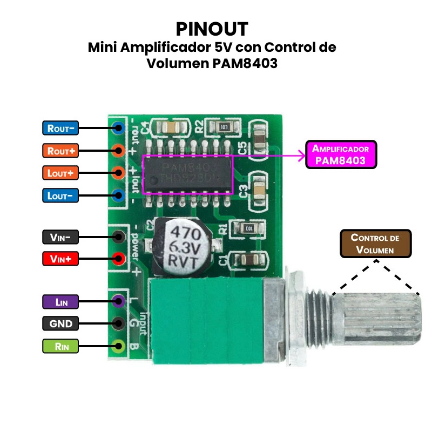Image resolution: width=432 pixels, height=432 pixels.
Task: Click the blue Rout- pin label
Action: pyautogui.click(x=60, y=128)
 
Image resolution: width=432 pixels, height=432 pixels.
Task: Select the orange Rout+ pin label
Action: pyautogui.click(x=60, y=151)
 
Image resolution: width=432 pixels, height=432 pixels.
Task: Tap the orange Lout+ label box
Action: pyautogui.click(x=60, y=173)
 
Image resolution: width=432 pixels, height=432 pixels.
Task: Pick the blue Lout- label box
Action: pyautogui.click(x=60, y=195)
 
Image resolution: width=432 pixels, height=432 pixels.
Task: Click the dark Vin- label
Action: pyautogui.click(x=60, y=237)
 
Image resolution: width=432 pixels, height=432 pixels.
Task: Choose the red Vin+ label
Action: pyautogui.click(x=60, y=259)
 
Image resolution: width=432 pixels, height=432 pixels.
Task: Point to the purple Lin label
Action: pyautogui.click(x=60, y=301)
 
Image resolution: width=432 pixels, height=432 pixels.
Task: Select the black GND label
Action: pyautogui.click(x=60, y=323)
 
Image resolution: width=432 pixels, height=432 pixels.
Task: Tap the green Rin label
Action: pyautogui.click(x=60, y=346)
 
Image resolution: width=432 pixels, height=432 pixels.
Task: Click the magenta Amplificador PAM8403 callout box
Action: pyautogui.click(x=341, y=154)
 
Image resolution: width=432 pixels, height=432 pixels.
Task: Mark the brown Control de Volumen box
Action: pyautogui.click(x=375, y=244)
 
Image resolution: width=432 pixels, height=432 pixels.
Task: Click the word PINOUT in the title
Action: pyautogui.click(x=212, y=29)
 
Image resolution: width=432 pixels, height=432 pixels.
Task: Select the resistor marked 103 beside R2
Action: pyautogui.click(x=225, y=127)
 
